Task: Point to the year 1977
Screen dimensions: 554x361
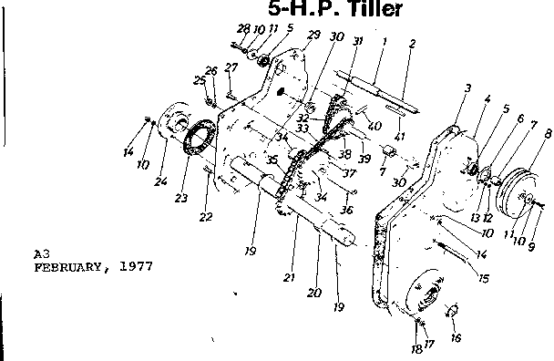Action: [x=136, y=267]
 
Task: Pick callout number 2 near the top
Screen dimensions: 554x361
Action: [x=413, y=43]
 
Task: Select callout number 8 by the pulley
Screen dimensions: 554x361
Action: [x=548, y=134]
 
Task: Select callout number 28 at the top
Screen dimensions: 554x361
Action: [x=243, y=28]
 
